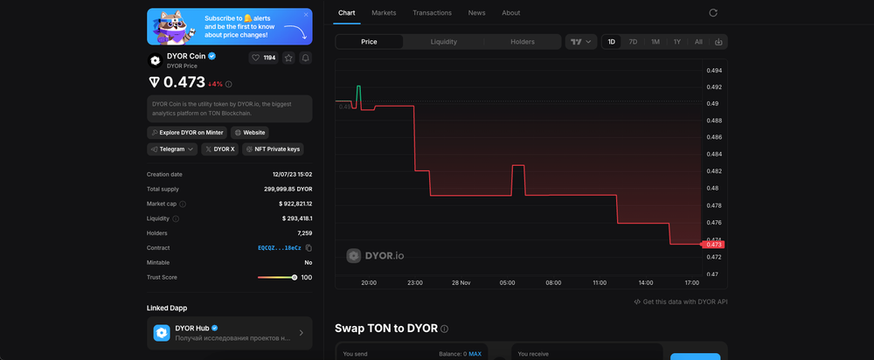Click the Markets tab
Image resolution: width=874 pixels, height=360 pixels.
(384, 13)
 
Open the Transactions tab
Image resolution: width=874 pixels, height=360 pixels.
(432, 13)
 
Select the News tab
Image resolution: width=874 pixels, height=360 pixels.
(476, 13)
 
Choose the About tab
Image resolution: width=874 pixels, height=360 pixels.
(511, 13)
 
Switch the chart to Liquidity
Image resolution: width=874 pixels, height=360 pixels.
(444, 41)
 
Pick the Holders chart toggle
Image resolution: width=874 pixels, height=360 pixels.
(523, 41)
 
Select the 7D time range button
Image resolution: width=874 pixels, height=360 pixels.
(633, 41)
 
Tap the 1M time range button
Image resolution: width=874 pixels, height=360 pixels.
(655, 41)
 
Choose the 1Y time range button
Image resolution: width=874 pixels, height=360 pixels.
(677, 41)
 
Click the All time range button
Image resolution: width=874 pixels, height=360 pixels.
(698, 41)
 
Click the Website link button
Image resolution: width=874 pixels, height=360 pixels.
(250, 132)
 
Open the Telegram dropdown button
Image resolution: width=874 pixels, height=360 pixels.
(172, 149)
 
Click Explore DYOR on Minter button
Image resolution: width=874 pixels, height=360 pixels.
(187, 132)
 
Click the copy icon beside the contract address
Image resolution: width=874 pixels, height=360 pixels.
(309, 248)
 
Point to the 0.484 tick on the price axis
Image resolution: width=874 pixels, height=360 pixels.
(713, 155)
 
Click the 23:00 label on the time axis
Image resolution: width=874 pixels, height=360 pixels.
(415, 283)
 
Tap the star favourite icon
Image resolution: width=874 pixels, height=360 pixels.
(288, 58)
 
